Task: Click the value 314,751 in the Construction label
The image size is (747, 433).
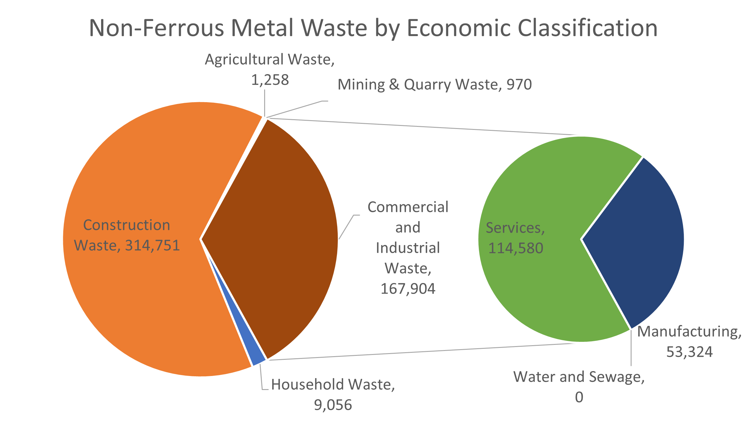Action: (x=152, y=245)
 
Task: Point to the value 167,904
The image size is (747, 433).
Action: (x=408, y=289)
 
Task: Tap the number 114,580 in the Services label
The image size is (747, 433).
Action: (x=516, y=248)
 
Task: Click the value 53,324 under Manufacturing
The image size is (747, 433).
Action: (x=689, y=352)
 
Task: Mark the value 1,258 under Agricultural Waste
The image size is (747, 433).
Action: (x=270, y=80)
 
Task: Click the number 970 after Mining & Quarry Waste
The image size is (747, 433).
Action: (x=519, y=84)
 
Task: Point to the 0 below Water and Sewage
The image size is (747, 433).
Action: (x=579, y=397)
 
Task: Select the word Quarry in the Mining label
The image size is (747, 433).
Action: (x=427, y=85)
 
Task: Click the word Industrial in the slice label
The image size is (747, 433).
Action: (x=408, y=248)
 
